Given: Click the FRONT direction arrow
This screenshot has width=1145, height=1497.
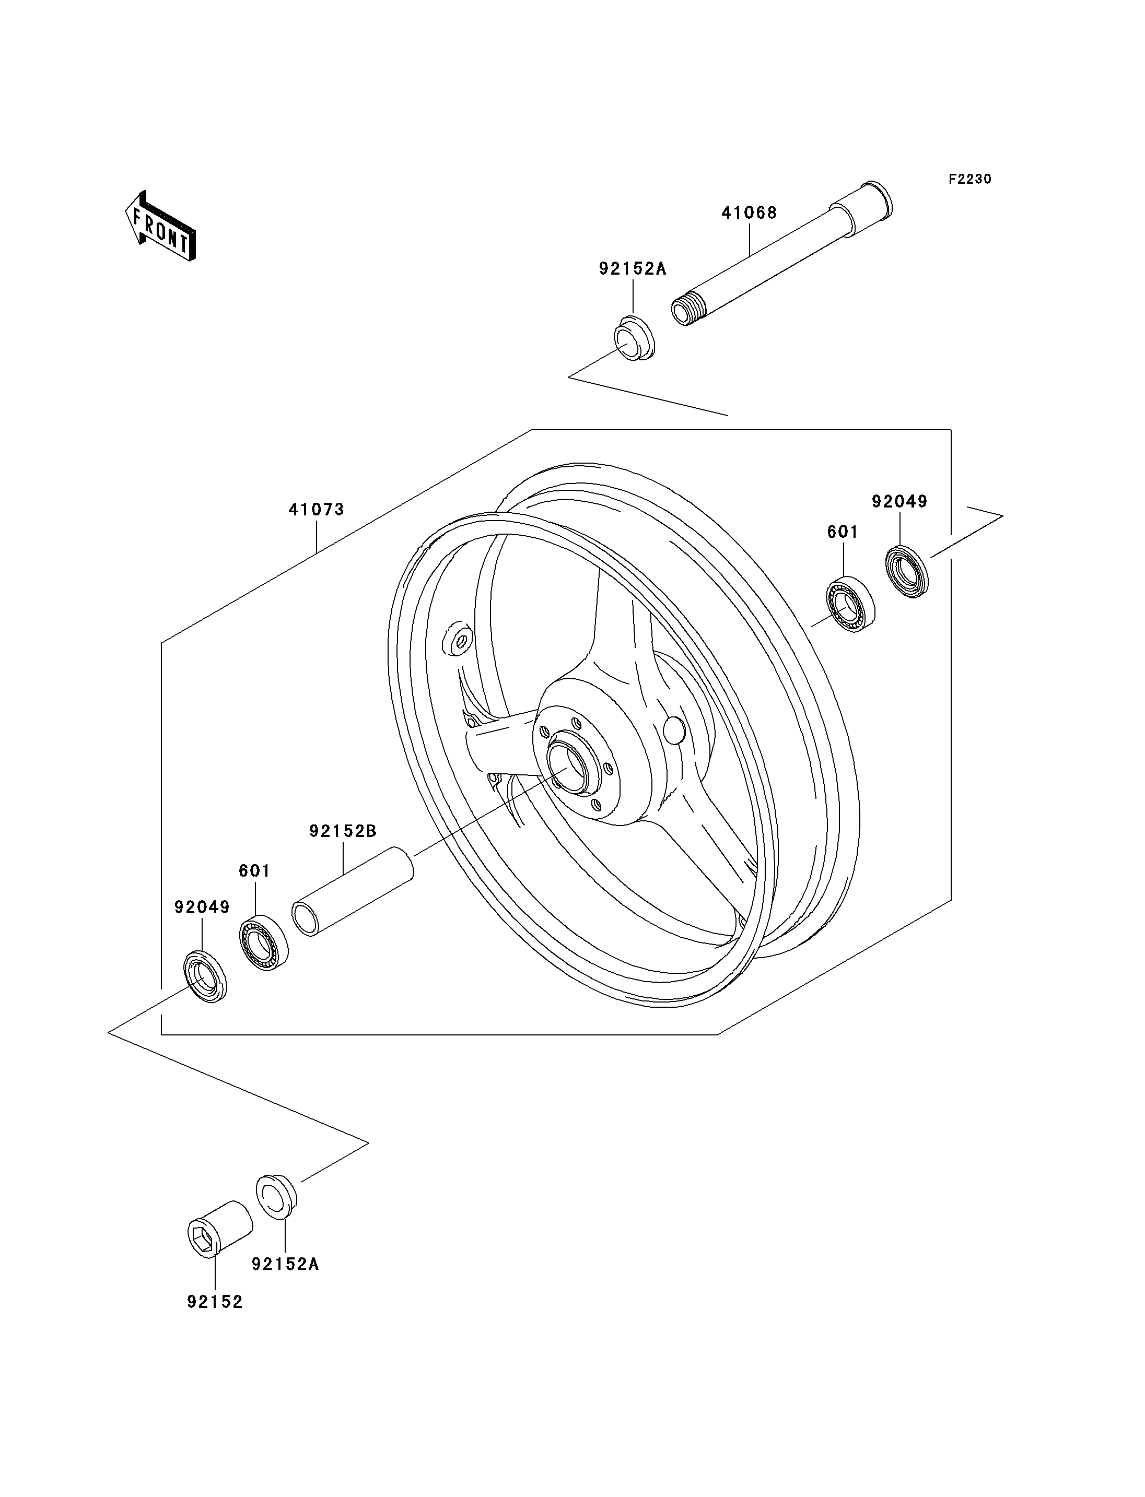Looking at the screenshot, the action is click(160, 227).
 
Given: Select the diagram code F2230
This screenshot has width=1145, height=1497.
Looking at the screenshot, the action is click(970, 179).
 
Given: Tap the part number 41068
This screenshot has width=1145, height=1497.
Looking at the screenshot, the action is click(749, 213).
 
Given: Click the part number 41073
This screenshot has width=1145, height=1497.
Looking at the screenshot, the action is click(316, 509).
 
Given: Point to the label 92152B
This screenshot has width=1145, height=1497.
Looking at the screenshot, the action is click(343, 831).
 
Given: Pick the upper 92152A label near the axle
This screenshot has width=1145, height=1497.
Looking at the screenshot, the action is click(633, 268).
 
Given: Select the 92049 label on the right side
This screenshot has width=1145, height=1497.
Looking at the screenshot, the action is click(899, 501).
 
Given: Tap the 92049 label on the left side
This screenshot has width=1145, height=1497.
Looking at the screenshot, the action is click(202, 907).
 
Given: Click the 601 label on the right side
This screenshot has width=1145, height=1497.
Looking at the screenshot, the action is click(843, 532).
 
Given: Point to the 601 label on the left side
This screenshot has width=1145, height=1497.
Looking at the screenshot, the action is click(254, 871).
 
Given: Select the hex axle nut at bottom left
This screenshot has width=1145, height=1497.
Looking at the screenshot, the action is click(219, 1228).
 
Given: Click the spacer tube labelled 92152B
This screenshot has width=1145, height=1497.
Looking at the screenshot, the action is click(353, 891).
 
